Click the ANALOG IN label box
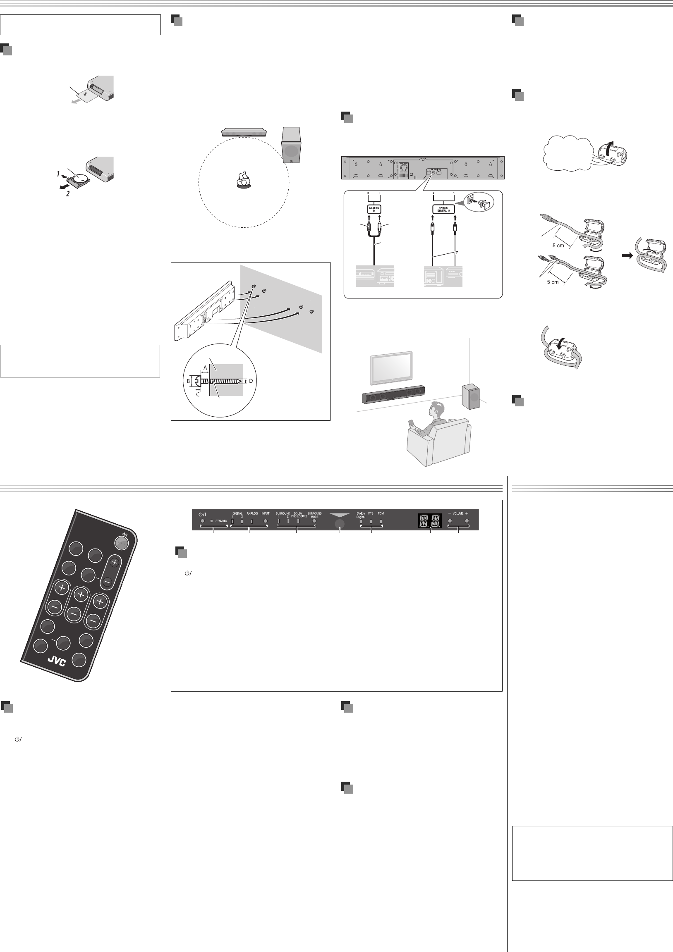pos(374,209)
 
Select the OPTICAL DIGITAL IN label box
pos(443,210)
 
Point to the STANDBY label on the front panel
pos(221,521)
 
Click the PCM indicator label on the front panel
pos(381,513)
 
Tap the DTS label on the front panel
pos(371,513)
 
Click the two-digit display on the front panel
pos(430,520)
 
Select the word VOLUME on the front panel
pos(458,513)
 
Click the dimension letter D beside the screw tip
pos(251,381)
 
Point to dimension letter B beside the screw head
pos(188,381)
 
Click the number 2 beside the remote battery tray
pos(68,193)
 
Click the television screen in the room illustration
pos(391,368)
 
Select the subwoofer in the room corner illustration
pos(470,396)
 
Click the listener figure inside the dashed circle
pos(244,179)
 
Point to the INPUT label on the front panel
pos(265,513)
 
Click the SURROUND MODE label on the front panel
pos(314,515)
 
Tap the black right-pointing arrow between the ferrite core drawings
pos(627,256)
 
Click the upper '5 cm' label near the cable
pos(558,246)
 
